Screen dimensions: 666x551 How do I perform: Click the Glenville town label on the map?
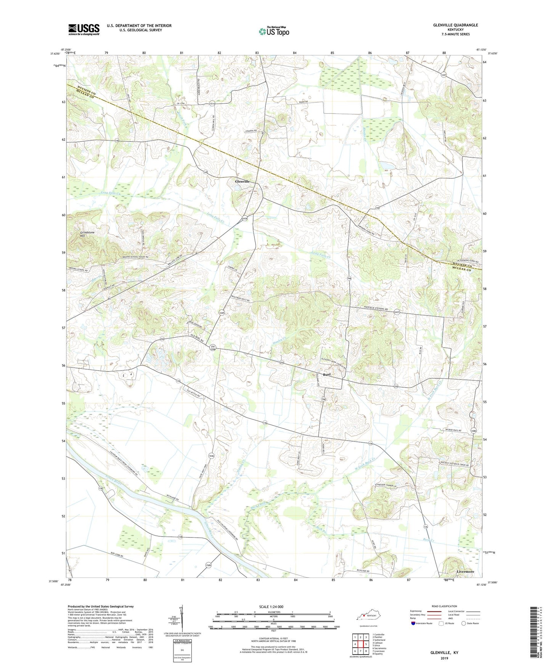[x=242, y=182]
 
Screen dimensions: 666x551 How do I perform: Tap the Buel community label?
[x=327, y=375]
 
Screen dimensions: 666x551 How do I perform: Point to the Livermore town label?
[x=465, y=572]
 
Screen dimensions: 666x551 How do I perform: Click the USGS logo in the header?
[x=84, y=29]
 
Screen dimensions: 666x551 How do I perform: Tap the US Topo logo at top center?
[x=274, y=31]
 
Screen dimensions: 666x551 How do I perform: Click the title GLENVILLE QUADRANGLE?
[x=455, y=25]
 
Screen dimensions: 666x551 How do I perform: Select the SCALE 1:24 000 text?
[x=271, y=606]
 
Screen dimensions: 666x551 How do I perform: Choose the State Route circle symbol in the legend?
[x=464, y=623]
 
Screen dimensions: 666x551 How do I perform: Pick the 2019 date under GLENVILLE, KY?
[x=444, y=658]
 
